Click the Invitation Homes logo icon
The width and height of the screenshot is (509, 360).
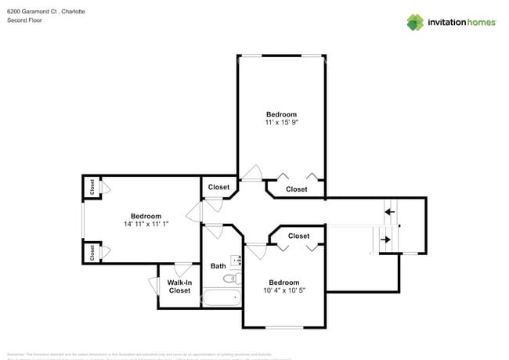point(415,22)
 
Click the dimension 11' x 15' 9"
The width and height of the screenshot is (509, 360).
point(281,123)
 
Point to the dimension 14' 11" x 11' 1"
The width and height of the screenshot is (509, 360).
point(146,225)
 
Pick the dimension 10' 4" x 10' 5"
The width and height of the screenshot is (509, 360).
point(283,291)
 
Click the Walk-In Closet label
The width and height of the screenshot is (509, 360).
point(179,286)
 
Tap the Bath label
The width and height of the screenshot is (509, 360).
point(218,266)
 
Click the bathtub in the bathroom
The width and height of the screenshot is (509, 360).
point(222,297)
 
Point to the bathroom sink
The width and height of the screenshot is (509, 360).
point(235,261)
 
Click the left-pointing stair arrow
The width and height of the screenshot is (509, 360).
point(389,211)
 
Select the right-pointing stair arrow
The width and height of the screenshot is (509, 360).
point(385,239)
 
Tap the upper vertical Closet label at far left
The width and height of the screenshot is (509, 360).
point(92,187)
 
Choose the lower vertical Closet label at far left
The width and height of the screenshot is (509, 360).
point(92,253)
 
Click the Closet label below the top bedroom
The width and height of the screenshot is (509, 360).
point(297,189)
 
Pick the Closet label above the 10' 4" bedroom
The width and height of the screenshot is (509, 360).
point(298,236)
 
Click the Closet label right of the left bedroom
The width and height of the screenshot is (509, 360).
point(218,187)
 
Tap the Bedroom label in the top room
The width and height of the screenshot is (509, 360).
point(281,114)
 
